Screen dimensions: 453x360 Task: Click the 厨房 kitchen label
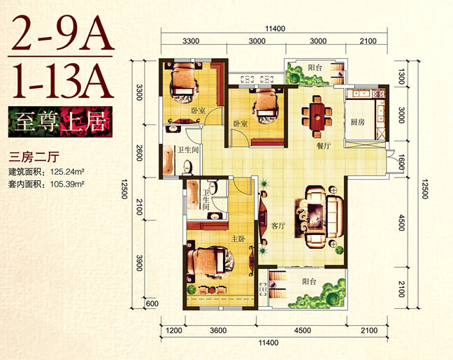pyautogui.click(x=358, y=122)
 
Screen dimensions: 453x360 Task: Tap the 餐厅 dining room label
pyautogui.click(x=324, y=146)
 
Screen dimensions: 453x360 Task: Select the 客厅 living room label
pyautogui.click(x=278, y=226)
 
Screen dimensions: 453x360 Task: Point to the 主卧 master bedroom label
pyautogui.click(x=238, y=239)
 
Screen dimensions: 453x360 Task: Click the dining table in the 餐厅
pyautogui.click(x=317, y=117)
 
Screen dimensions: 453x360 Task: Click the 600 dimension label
pyautogui.click(x=152, y=303)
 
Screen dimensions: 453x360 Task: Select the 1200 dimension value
pyautogui.click(x=174, y=330)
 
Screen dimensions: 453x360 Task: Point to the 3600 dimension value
pyautogui.click(x=218, y=330)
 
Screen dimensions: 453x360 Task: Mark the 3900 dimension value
pyautogui.click(x=139, y=263)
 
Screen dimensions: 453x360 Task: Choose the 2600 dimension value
pyautogui.click(x=139, y=153)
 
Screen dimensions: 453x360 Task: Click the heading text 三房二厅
pyautogui.click(x=34, y=157)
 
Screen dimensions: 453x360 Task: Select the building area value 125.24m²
pyautogui.click(x=67, y=172)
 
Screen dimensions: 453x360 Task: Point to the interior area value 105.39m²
pyautogui.click(x=67, y=183)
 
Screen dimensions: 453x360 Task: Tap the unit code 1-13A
pyautogui.click(x=62, y=80)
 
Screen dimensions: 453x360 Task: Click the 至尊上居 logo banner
pyautogui.click(x=60, y=122)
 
